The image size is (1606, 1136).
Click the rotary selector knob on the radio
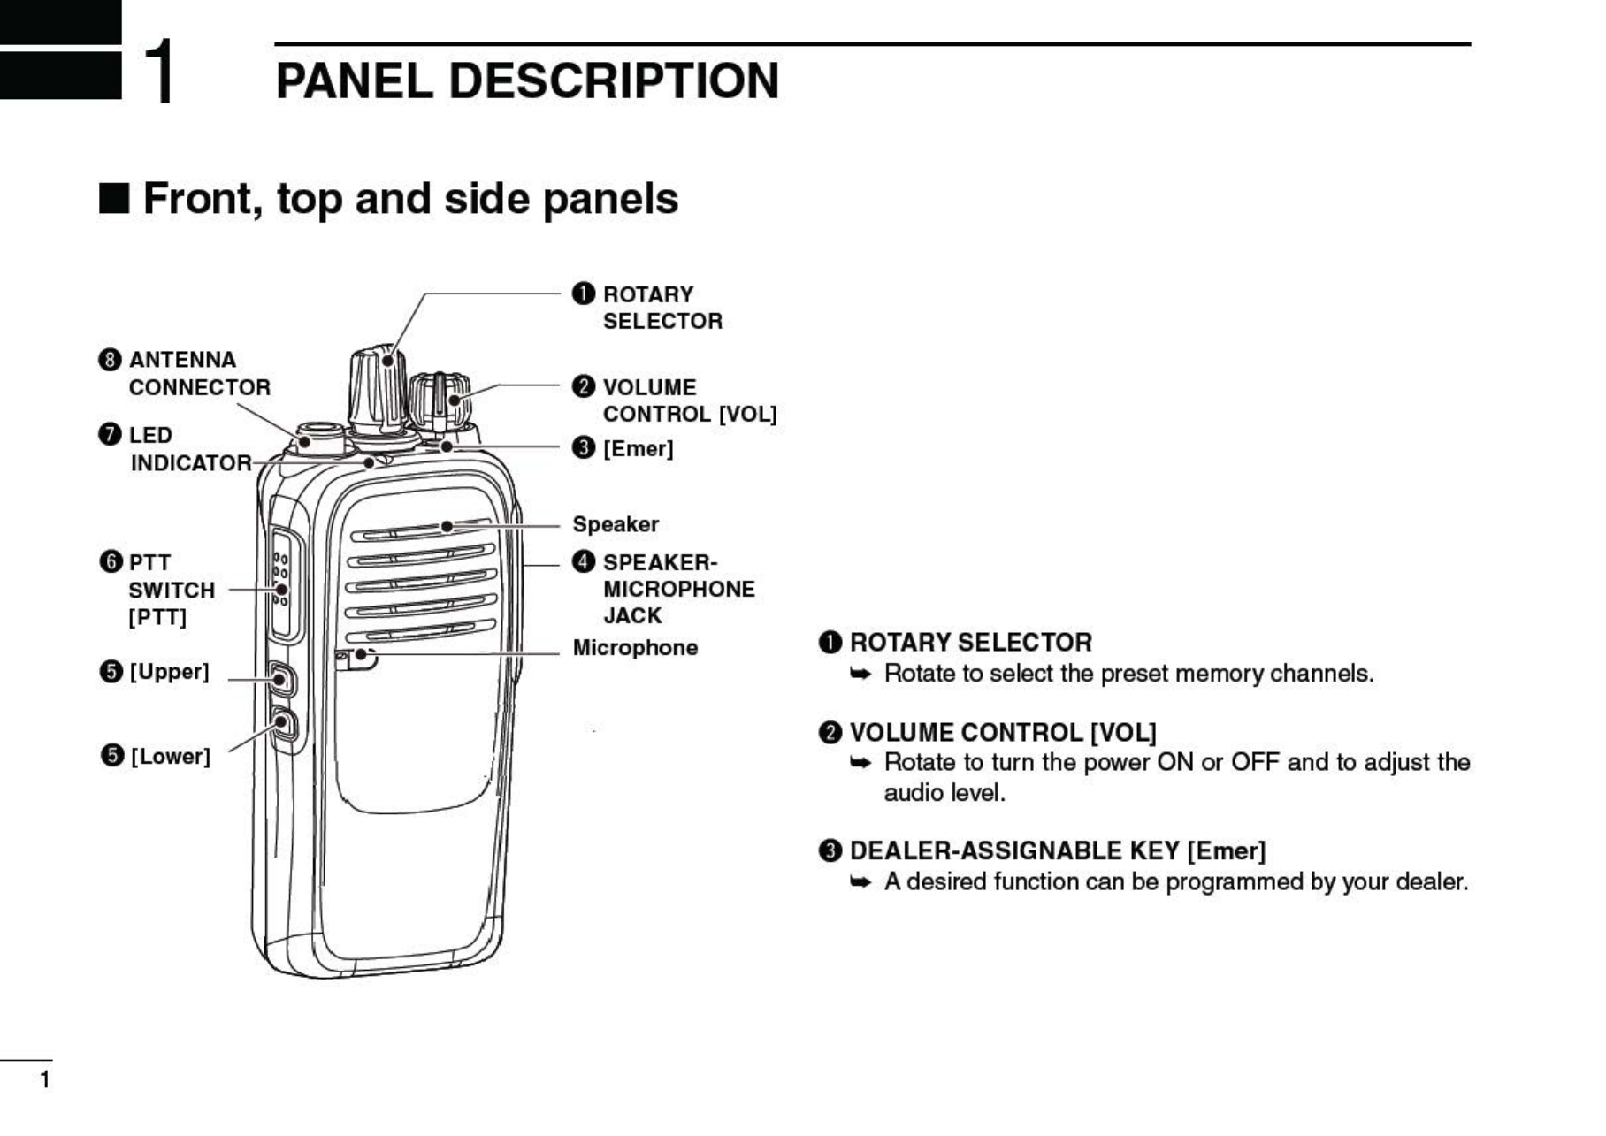(x=379, y=389)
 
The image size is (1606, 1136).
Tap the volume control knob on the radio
(x=440, y=399)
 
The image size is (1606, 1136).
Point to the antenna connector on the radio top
(x=319, y=437)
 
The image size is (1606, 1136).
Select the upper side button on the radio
(x=280, y=679)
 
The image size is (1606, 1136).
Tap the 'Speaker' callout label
(x=616, y=524)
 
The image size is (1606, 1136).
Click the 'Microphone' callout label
(x=635, y=648)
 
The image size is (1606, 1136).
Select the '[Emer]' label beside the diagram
(x=638, y=449)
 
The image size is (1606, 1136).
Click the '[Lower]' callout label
(x=170, y=757)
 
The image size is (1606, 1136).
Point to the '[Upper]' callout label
(x=169, y=672)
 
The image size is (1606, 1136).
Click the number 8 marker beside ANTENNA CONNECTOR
(x=110, y=360)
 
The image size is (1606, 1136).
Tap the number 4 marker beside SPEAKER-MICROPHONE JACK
(x=584, y=562)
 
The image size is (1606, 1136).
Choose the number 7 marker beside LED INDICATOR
(x=110, y=435)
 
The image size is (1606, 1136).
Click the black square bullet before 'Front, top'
(x=114, y=199)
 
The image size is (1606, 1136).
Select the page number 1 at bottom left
(x=45, y=1079)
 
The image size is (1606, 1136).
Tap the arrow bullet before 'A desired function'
(x=860, y=882)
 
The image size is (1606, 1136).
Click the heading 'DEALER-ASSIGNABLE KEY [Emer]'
(x=1057, y=851)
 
